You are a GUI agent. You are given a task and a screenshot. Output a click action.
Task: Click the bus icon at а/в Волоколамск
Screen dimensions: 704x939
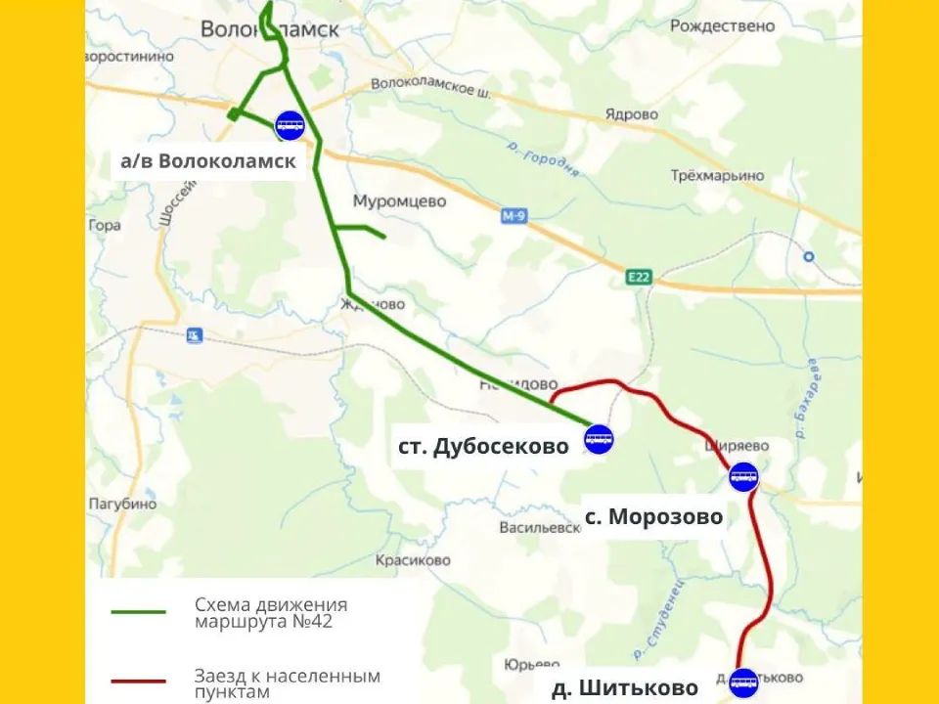[x=291, y=125]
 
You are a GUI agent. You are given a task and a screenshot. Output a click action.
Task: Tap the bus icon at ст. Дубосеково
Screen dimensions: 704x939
[x=599, y=439]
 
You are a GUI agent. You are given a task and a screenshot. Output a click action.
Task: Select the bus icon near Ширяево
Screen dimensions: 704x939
[x=743, y=477]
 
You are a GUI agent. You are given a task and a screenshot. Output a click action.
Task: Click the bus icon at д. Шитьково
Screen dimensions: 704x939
[x=743, y=682]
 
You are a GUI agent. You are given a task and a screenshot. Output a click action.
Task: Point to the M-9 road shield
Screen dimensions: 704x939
[x=514, y=215]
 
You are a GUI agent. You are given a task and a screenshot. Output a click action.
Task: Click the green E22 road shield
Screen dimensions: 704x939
[x=639, y=278]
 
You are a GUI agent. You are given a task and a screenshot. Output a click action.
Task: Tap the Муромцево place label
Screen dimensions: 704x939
[x=399, y=201]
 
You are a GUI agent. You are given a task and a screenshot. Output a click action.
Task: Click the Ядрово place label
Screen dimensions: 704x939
[x=631, y=114]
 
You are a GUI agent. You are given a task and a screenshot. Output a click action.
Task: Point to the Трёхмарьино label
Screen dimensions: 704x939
[x=717, y=176]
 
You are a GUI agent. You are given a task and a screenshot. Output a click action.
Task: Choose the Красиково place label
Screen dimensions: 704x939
[x=413, y=560]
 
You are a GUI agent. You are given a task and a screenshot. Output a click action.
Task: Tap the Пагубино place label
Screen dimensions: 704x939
[x=122, y=505]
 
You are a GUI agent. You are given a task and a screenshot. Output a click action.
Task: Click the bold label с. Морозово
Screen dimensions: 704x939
[x=653, y=516]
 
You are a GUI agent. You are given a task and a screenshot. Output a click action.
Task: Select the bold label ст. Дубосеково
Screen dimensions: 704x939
[x=483, y=446]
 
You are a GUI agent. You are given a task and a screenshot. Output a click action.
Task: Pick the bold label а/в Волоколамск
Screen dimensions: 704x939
[x=207, y=161]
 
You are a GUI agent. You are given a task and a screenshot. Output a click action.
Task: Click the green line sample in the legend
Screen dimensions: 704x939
[x=138, y=612]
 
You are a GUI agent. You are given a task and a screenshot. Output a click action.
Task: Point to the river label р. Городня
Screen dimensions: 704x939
[x=544, y=156]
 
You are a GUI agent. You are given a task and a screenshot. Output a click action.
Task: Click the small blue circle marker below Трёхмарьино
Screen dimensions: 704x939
[x=808, y=257]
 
